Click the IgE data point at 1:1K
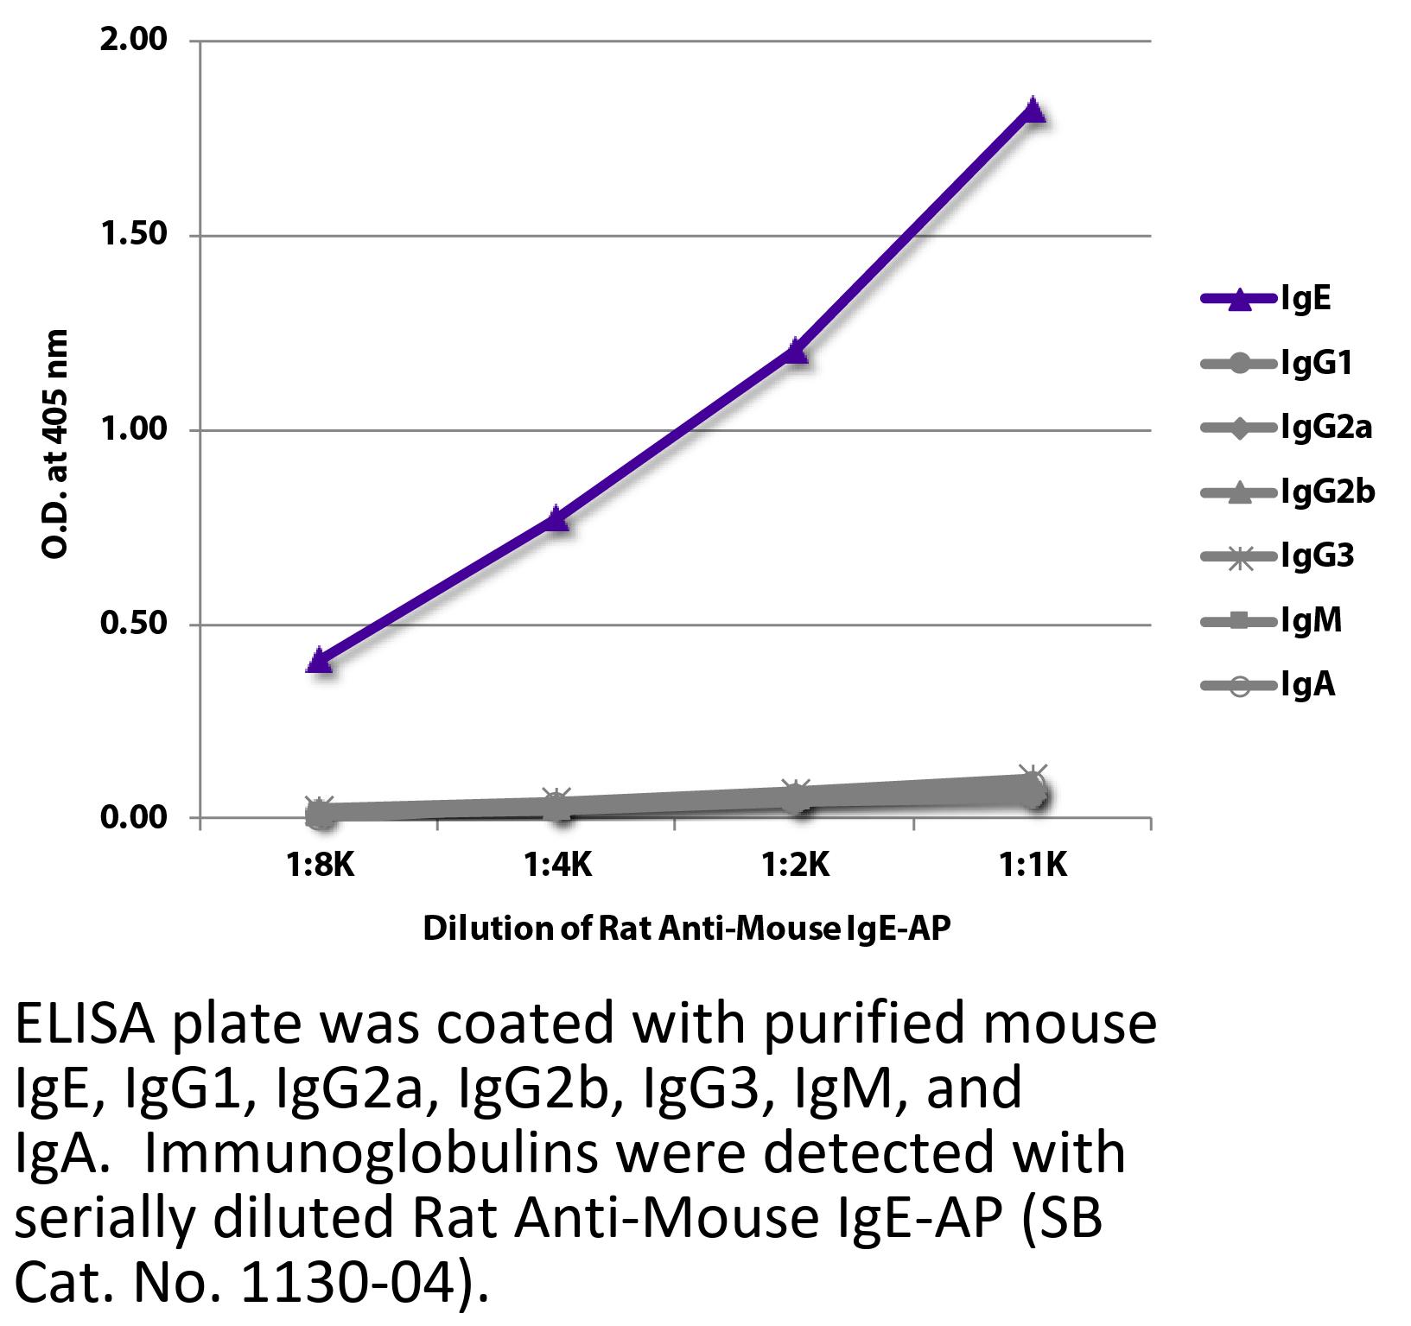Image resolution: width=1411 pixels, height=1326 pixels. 1033,111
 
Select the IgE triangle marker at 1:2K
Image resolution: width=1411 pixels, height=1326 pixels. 795,351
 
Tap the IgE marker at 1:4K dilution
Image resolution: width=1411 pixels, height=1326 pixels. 557,517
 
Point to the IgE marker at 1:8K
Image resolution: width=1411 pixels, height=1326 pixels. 320,661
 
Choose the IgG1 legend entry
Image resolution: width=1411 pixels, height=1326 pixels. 1316,364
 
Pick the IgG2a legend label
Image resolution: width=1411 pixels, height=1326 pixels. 1326,428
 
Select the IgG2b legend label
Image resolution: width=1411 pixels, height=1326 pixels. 1328,492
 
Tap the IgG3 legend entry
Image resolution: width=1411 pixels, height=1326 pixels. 1317,556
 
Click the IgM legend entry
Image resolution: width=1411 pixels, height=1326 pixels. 1312,620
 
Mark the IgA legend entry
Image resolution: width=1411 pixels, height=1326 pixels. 1308,685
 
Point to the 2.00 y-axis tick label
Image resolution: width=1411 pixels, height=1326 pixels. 133,40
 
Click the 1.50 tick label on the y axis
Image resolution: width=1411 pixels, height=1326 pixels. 133,235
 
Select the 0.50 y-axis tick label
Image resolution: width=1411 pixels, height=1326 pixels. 133,624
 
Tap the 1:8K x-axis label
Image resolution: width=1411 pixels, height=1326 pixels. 320,864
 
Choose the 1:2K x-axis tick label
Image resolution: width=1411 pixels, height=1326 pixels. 795,864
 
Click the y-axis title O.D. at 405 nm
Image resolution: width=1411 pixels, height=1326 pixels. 54,443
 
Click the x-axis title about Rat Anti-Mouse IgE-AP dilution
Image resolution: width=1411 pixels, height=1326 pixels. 687,929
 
